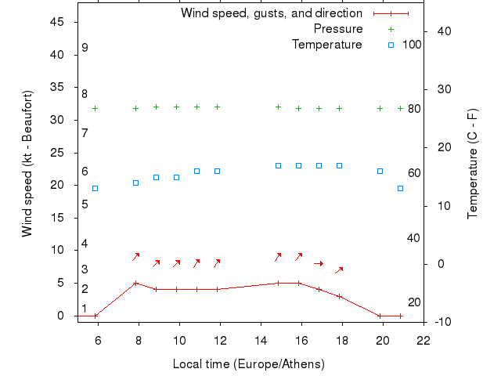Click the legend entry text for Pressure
tap(338, 29)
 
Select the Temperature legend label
tap(327, 45)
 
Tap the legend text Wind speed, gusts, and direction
tap(272, 13)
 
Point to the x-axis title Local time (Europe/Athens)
tap(248, 364)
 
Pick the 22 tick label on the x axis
tap(424, 340)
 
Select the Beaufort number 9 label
tap(85, 48)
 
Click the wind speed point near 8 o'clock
tap(136, 283)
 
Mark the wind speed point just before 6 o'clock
tap(96, 316)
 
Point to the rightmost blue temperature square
tap(401, 188)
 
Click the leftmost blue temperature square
tap(96, 188)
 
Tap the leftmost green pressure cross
tap(96, 108)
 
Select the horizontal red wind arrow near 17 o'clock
tap(319, 263)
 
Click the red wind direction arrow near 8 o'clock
tap(135, 256)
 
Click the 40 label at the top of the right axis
tap(441, 31)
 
